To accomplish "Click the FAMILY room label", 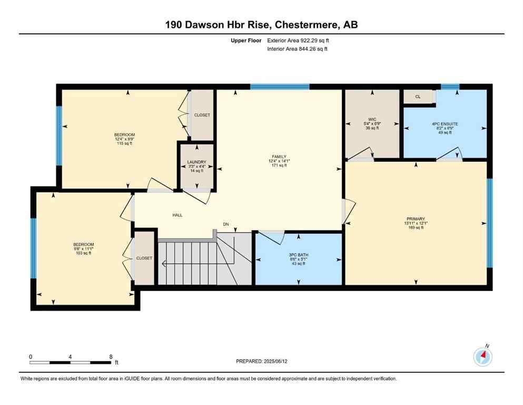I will (x=279, y=157).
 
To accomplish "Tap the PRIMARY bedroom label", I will (x=416, y=219).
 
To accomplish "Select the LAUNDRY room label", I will (x=196, y=162).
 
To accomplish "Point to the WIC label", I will (x=372, y=119).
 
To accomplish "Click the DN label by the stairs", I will (x=226, y=224).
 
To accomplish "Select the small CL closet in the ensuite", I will (x=418, y=97).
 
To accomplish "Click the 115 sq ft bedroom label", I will (x=124, y=135).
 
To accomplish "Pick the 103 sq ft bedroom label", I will (x=83, y=244).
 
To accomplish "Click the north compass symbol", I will (x=482, y=357).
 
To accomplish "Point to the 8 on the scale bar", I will (x=111, y=356).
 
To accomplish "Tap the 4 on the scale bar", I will (x=70, y=356).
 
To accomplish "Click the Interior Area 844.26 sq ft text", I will (x=298, y=49).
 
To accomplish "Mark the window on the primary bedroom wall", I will (x=489, y=223).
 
